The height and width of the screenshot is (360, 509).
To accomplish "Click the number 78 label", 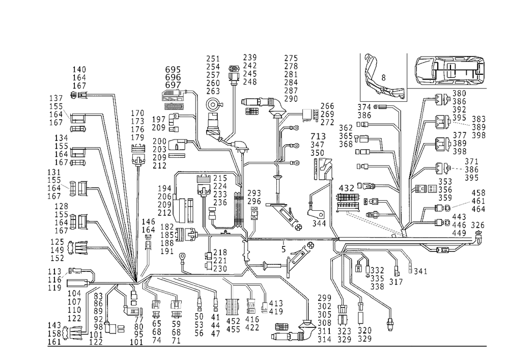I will coord(319,137).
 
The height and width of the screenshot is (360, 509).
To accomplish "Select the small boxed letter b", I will coord(284,250).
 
